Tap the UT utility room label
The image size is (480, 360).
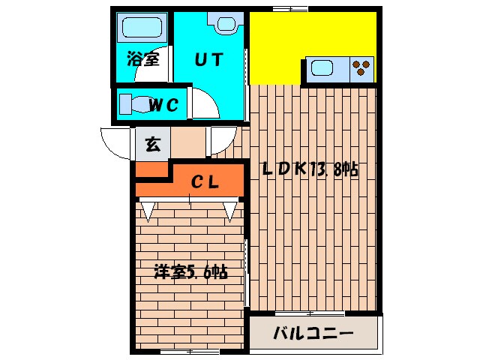point(209,60)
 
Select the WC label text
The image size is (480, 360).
point(163,105)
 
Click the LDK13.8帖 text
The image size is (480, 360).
point(309,169)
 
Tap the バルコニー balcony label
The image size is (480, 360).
point(313,332)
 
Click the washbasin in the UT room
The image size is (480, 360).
point(225,25)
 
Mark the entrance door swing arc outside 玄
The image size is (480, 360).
point(114,141)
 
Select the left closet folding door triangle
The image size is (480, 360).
point(148,211)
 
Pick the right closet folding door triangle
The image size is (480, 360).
point(229,211)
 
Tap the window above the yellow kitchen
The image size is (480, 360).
point(290,8)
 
